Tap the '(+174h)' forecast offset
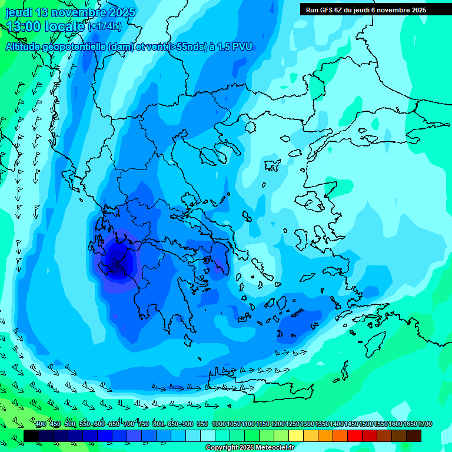105,26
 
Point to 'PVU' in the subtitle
242,47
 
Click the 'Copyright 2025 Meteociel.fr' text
250,448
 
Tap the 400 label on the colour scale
41,424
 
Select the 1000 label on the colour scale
218,424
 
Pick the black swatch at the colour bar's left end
31,436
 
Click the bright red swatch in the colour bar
355,436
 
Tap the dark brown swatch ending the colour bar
414,436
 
